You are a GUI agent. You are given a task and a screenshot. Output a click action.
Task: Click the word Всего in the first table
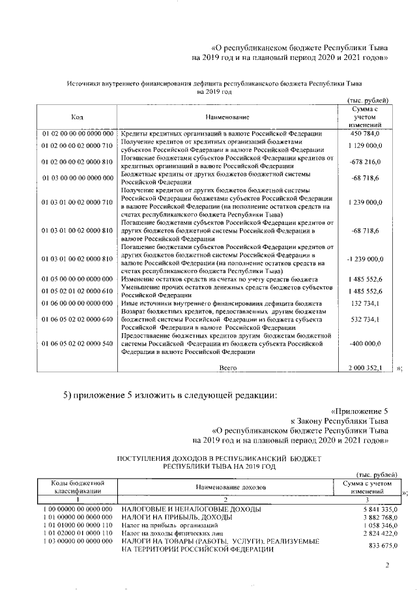(227, 368)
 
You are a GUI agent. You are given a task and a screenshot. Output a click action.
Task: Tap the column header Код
(77, 117)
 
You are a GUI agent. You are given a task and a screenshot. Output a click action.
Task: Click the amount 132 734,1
(368, 304)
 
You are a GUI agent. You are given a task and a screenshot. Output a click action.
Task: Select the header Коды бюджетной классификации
(77, 486)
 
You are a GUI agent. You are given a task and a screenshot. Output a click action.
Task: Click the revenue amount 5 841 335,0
(371, 509)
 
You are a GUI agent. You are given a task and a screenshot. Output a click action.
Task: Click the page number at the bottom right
(387, 566)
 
